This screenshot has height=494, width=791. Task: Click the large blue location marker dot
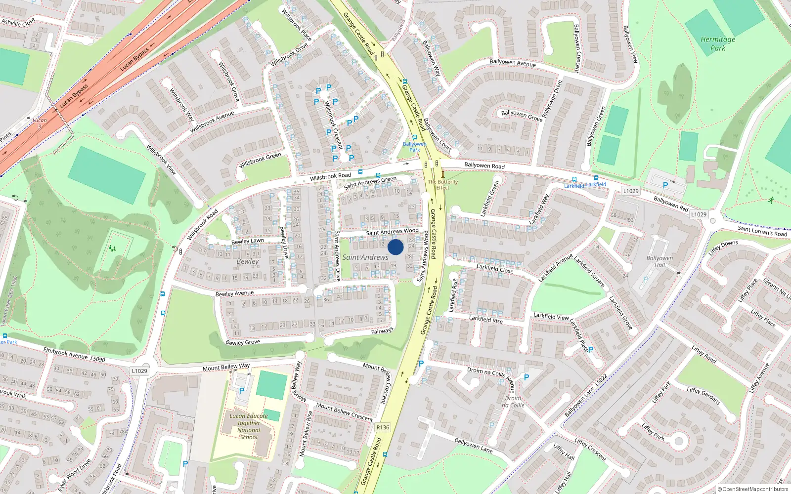(395, 247)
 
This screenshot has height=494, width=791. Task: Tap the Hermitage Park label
(718, 43)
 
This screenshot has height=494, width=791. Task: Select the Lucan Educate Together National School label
(249, 426)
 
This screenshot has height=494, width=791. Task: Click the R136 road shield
(383, 427)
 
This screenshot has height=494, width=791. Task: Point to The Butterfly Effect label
(442, 185)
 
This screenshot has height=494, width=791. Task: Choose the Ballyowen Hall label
(659, 261)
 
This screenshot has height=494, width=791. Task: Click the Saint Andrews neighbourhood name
(365, 257)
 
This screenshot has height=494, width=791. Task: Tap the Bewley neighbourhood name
(247, 261)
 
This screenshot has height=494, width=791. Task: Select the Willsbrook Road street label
(330, 176)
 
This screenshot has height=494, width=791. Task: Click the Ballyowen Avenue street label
(513, 63)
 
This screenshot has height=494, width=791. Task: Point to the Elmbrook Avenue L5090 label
(74, 354)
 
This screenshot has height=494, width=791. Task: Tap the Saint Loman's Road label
(762, 231)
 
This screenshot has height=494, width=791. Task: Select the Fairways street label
(382, 331)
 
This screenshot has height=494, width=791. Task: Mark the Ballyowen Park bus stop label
(414, 147)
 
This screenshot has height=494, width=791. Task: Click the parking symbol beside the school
(242, 390)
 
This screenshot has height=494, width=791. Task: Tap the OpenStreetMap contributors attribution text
(752, 489)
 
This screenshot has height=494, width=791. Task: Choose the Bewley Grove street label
(242, 342)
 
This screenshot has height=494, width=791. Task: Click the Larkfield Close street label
(494, 269)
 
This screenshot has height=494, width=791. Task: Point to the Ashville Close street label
(18, 22)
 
